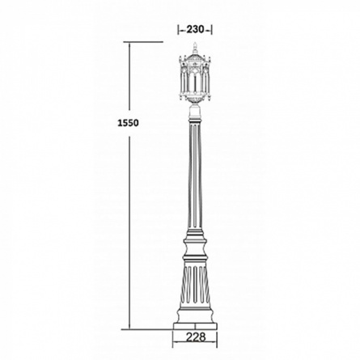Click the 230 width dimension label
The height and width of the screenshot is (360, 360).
coord(195,29)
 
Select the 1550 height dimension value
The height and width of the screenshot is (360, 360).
coord(128,123)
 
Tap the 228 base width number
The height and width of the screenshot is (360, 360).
coord(195,337)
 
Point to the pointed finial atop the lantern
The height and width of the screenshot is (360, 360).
coord(195,48)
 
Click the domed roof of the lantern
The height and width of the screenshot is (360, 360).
coord(195,57)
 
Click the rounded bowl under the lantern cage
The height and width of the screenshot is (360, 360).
coord(195,100)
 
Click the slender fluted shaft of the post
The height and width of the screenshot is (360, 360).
coord(195,176)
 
